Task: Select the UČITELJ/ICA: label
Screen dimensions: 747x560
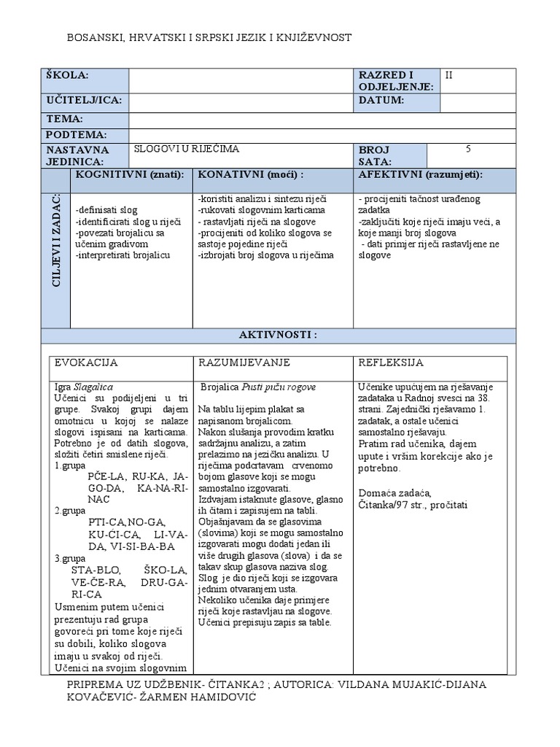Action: [x=84, y=100]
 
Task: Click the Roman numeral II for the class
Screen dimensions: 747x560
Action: [x=449, y=74]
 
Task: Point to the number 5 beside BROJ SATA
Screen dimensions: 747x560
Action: [x=468, y=150]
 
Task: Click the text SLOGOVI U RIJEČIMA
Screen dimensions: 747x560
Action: [x=186, y=149]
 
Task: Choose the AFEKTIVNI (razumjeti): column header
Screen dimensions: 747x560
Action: [x=421, y=175]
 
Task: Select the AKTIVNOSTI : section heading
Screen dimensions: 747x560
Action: [x=279, y=335]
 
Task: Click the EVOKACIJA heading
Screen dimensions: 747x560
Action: [x=87, y=363]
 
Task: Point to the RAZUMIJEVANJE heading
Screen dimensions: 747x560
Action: [x=244, y=363]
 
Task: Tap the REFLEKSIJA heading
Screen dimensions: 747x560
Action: [x=391, y=363]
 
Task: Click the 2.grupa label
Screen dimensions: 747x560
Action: [x=70, y=511]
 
